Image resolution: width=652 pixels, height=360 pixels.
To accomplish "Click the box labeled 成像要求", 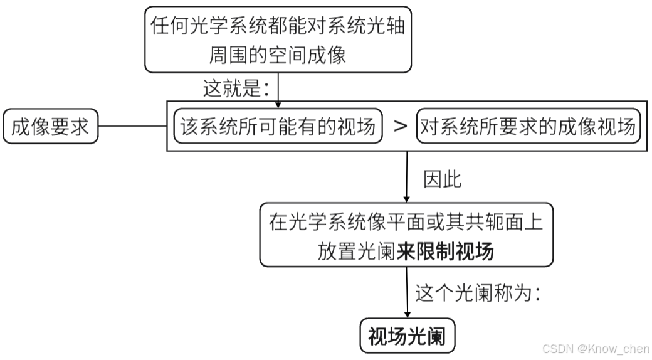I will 51,127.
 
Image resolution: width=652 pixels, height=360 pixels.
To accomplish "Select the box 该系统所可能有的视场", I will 278,127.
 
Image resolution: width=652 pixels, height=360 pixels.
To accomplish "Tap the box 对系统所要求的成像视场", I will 527,127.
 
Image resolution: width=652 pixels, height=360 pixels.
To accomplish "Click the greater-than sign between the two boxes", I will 400,127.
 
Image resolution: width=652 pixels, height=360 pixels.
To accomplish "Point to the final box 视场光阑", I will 407,336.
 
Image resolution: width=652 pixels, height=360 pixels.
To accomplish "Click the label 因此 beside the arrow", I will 443,179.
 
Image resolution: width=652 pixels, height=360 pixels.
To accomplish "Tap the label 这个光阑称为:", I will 478,293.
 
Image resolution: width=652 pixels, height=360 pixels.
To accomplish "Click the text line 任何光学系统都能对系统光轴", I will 278,26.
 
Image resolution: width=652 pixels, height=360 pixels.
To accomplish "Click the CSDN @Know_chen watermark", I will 596,348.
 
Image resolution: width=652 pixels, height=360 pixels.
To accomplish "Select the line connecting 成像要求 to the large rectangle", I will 132,127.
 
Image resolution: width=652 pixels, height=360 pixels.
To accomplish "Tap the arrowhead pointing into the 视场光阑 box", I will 407,315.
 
